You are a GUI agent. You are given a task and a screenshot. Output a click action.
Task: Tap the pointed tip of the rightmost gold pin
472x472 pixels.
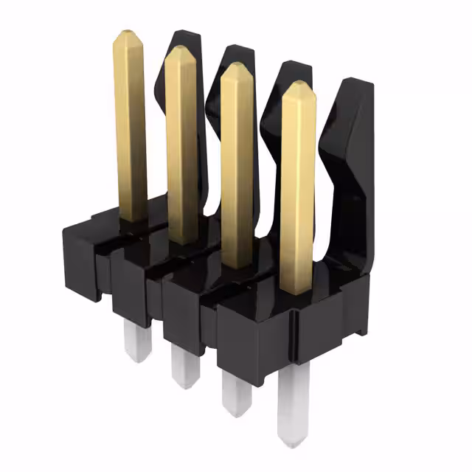click(299, 86)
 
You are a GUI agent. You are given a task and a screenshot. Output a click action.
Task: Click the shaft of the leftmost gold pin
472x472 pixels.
click(131, 125)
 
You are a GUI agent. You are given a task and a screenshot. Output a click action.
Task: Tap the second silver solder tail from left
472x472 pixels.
click(184, 365)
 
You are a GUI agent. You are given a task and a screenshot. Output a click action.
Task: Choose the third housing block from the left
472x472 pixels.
click(188, 310)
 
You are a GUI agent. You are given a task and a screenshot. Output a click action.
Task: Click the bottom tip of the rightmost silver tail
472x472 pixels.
click(294, 441)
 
